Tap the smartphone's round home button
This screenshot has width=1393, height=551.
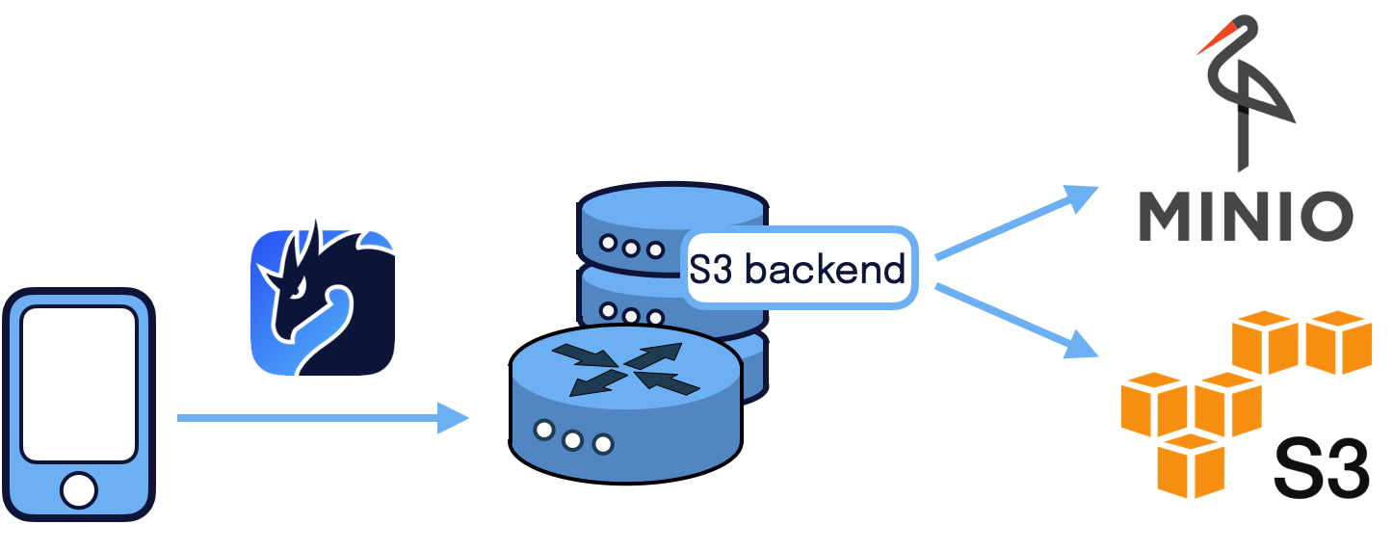(79, 489)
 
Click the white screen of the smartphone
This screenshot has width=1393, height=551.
(79, 383)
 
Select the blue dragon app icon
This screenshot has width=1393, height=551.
(323, 302)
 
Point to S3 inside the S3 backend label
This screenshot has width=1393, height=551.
(712, 270)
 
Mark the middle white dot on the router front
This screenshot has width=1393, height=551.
(573, 439)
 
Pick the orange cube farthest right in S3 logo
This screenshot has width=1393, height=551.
(1338, 341)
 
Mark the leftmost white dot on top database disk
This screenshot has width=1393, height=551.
(608, 242)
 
